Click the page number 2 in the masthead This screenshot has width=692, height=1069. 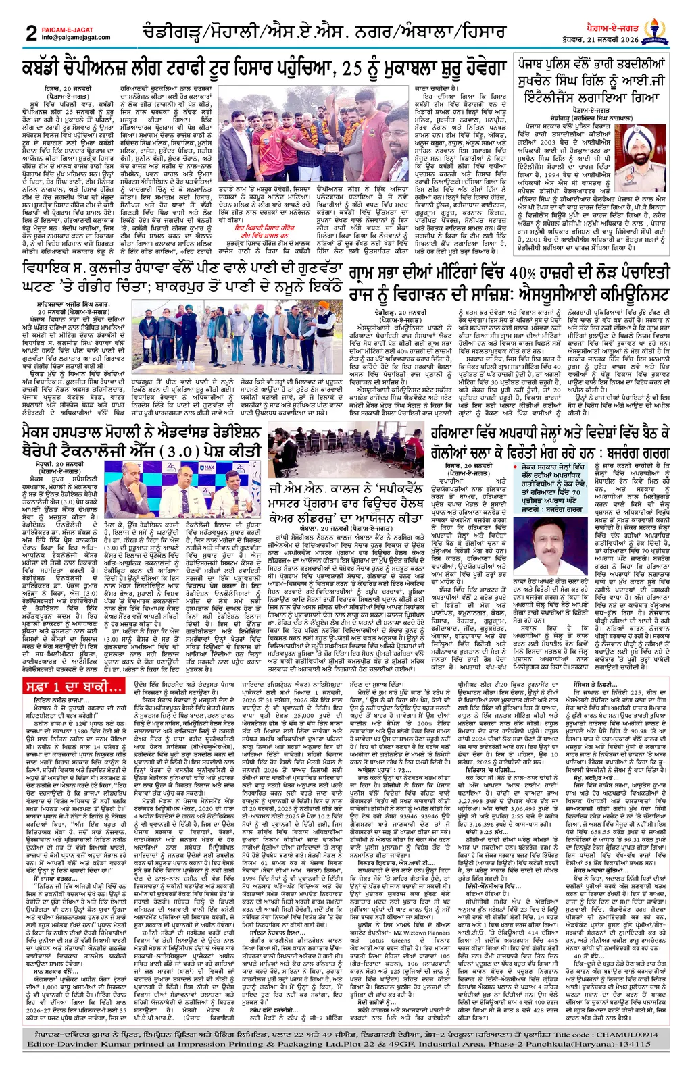(x=31, y=32)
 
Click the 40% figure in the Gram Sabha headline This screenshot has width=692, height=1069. (x=521, y=273)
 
